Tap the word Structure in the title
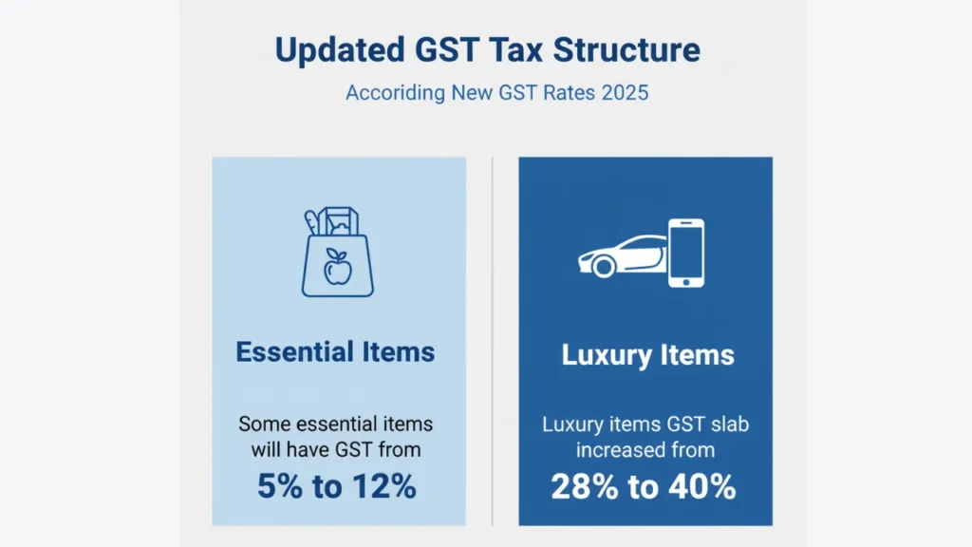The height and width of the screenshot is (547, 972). tap(626, 49)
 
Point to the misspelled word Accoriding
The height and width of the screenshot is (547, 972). tap(396, 93)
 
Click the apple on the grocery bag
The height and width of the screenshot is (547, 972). tap(337, 267)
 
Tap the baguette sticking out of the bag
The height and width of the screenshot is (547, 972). tap(311, 222)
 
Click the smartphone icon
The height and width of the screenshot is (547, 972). tap(686, 253)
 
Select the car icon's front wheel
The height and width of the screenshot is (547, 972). tap(603, 267)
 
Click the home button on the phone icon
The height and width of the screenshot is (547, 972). tap(686, 281)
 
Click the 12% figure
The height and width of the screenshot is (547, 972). tap(384, 485)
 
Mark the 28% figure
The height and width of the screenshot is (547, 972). tap(585, 487)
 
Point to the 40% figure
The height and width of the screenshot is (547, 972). tap(702, 487)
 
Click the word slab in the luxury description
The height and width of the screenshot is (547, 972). tap(730, 424)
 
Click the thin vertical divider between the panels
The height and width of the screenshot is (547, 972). tap(493, 341)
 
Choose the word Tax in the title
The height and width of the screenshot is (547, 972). tap(515, 49)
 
